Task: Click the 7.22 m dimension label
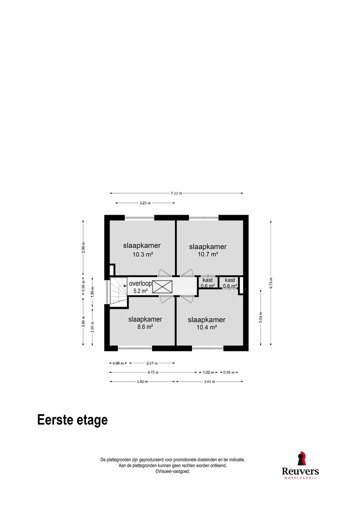pyautogui.click(x=176, y=193)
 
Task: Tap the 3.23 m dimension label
pyautogui.click(x=145, y=203)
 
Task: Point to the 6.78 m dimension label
pyautogui.click(x=271, y=283)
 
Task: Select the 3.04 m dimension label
pyautogui.click(x=261, y=317)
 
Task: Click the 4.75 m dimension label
pyautogui.click(x=153, y=372)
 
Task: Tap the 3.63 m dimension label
pyautogui.click(x=210, y=381)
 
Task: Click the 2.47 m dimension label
pyautogui.click(x=152, y=363)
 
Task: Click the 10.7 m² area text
pyautogui.click(x=208, y=254)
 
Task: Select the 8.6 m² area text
pyautogui.click(x=145, y=327)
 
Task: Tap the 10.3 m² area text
pyautogui.click(x=143, y=254)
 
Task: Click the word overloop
pyautogui.click(x=140, y=283)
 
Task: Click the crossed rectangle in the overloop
pyautogui.click(x=162, y=287)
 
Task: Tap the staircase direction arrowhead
pyautogui.click(x=125, y=286)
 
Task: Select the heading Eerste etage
pyautogui.click(x=72, y=420)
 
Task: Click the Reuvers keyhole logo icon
pyautogui.click(x=302, y=458)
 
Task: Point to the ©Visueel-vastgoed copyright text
pyautogui.click(x=173, y=471)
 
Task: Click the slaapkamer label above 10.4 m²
pyautogui.click(x=207, y=320)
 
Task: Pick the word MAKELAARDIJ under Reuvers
pyautogui.click(x=300, y=478)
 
